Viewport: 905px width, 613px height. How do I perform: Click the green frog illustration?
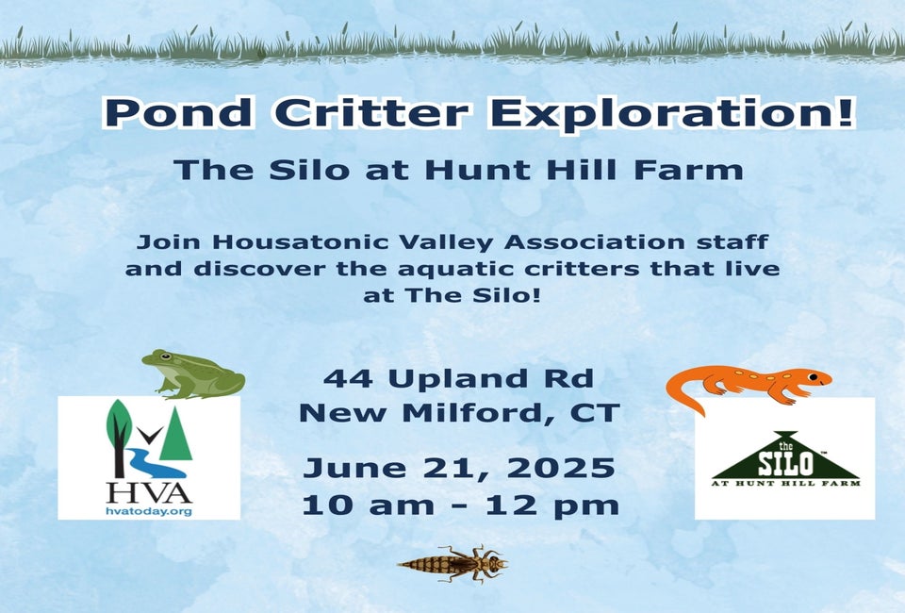(x=193, y=374)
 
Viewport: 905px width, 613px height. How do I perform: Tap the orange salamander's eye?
(x=814, y=376)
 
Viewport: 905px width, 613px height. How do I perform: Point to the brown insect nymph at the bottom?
(x=453, y=563)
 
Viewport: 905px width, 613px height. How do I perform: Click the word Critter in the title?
(x=370, y=112)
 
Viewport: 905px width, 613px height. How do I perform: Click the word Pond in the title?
(x=178, y=112)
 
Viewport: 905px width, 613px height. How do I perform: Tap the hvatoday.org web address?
(x=149, y=511)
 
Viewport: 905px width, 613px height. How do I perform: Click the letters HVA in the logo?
(x=149, y=493)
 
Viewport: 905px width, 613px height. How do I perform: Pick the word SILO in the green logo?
(x=785, y=463)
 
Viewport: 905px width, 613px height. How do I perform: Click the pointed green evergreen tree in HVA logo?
(x=175, y=433)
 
